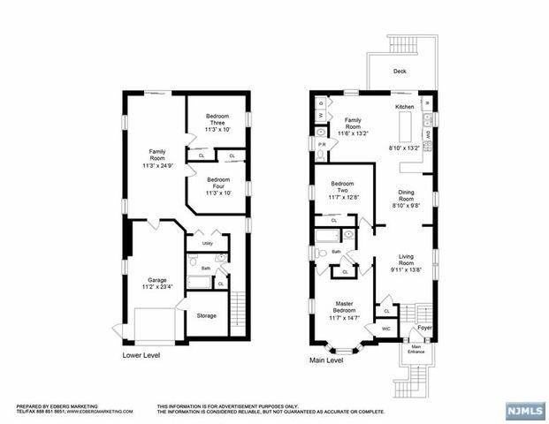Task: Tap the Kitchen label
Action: coord(405,107)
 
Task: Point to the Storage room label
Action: coord(207,315)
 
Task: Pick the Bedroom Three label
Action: coord(217,120)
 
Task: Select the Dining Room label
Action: coord(407,199)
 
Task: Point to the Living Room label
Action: coord(407,260)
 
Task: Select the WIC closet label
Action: coord(386,329)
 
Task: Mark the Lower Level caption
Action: coord(143,355)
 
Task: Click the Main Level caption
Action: coord(327,360)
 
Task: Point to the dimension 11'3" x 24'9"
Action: coord(157,163)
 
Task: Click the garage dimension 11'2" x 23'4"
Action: coord(157,286)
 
